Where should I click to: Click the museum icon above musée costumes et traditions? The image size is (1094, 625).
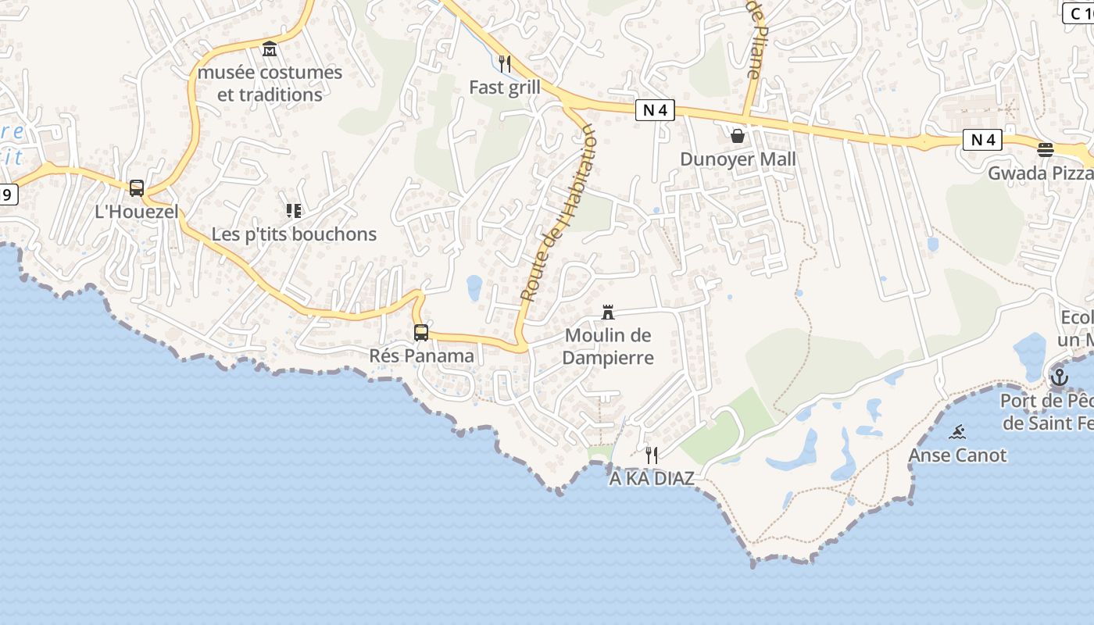pyautogui.click(x=270, y=49)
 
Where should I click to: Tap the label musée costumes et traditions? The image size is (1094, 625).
pyautogui.click(x=270, y=83)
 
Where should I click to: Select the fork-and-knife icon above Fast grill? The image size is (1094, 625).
pyautogui.click(x=505, y=64)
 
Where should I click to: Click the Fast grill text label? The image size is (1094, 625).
pyautogui.click(x=505, y=87)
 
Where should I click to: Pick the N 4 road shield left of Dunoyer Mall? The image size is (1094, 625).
pyautogui.click(x=655, y=111)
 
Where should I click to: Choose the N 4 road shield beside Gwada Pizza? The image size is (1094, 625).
pyautogui.click(x=982, y=141)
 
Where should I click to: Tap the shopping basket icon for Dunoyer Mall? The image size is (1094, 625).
pyautogui.click(x=738, y=136)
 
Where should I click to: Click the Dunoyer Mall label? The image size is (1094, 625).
pyautogui.click(x=738, y=159)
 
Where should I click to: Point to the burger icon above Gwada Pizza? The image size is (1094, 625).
pyautogui.click(x=1046, y=149)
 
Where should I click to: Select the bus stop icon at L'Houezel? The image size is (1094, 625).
pyautogui.click(x=137, y=187)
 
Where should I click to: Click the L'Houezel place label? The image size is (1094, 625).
pyautogui.click(x=137, y=211)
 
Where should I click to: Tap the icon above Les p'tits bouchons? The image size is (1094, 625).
pyautogui.click(x=294, y=210)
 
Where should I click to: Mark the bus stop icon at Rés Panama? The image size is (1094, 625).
pyautogui.click(x=421, y=333)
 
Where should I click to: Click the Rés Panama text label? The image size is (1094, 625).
pyautogui.click(x=421, y=356)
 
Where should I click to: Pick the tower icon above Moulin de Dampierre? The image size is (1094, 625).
pyautogui.click(x=608, y=312)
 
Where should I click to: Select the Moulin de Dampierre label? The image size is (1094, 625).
pyautogui.click(x=608, y=346)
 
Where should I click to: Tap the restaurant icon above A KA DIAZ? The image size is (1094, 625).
pyautogui.click(x=652, y=455)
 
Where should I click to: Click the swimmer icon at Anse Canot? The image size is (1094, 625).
pyautogui.click(x=957, y=432)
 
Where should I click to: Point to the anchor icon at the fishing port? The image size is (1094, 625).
pyautogui.click(x=1059, y=378)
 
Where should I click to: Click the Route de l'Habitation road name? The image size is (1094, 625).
pyautogui.click(x=557, y=215)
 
